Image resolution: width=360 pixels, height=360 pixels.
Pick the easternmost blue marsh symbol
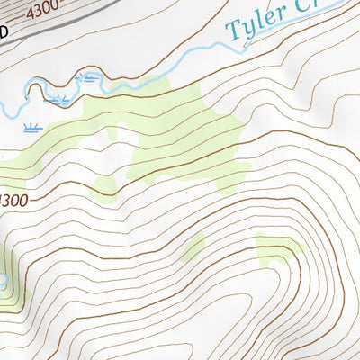tap(89, 78)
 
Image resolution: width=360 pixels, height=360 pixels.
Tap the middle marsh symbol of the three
tap(61, 98)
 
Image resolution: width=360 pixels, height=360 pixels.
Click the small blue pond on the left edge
tap(4, 282)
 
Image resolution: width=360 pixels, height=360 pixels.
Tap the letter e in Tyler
tap(273, 21)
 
